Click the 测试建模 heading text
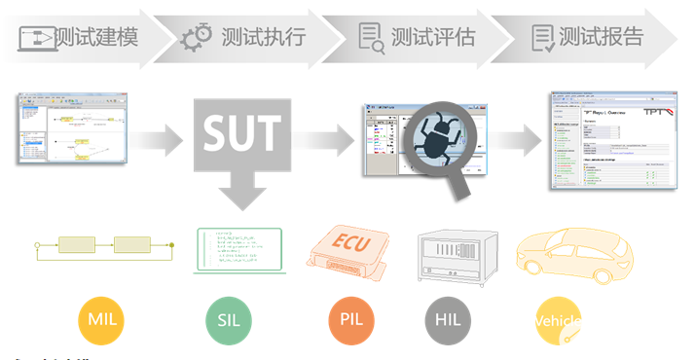(x=95, y=38)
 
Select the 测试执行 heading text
(x=264, y=38)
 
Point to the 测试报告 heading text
(x=601, y=38)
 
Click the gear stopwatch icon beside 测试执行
(x=197, y=38)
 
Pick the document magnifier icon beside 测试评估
(x=370, y=38)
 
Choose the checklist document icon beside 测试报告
(x=543, y=38)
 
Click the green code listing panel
(x=238, y=251)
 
